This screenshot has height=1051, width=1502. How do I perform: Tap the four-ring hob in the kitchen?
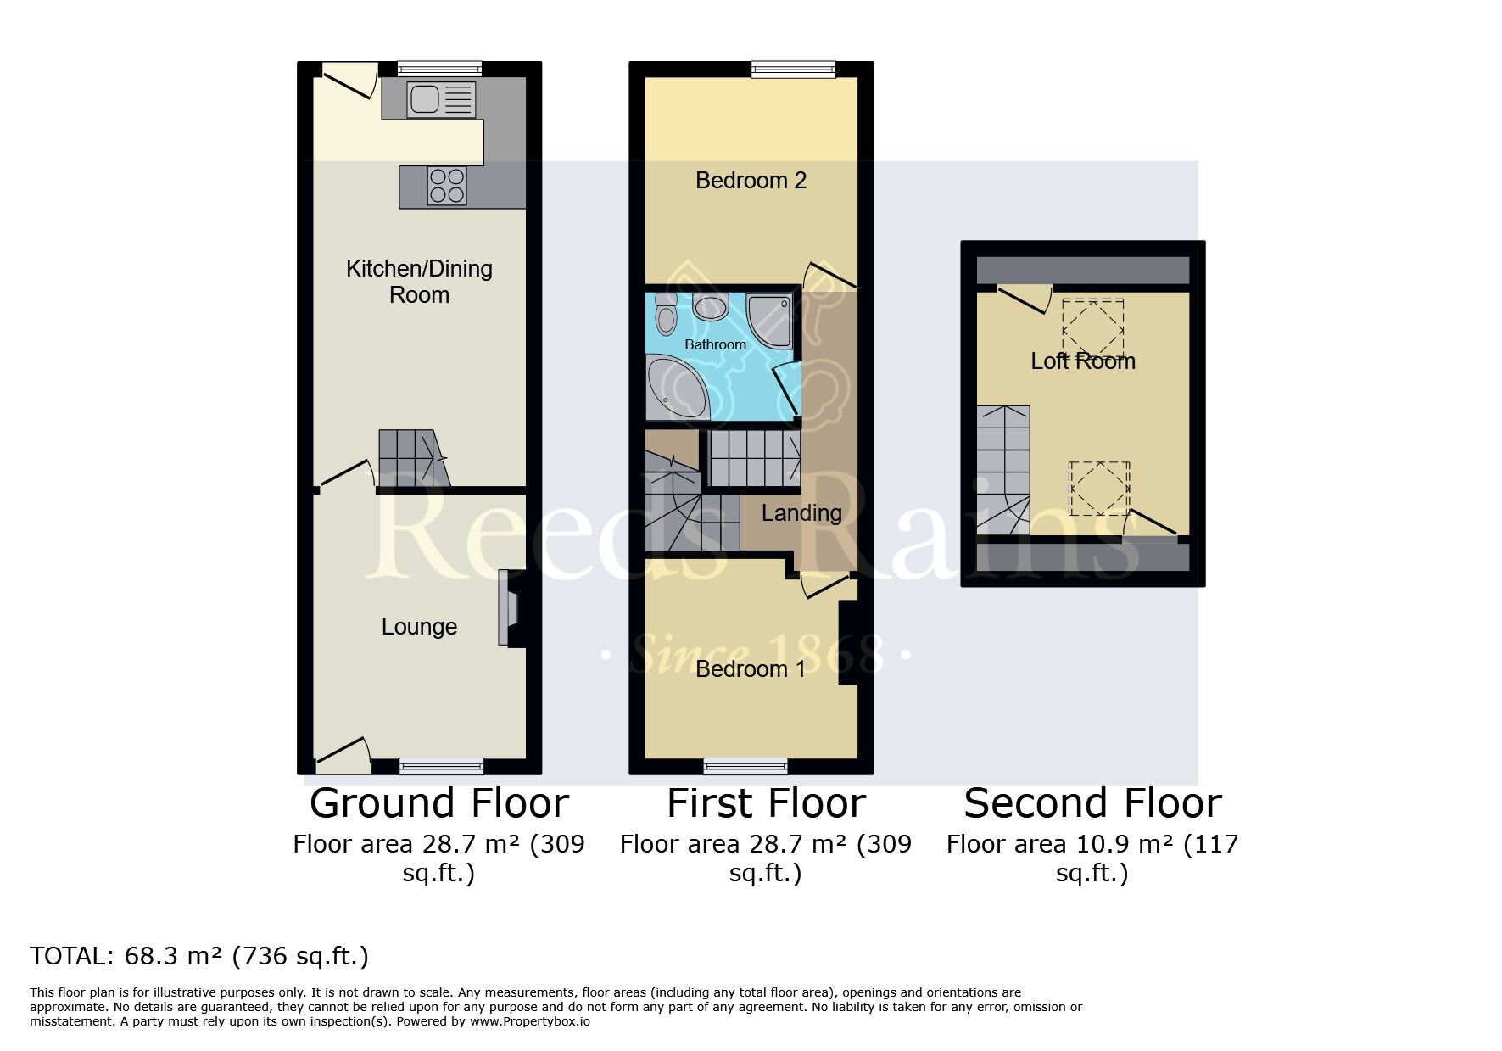click(x=447, y=186)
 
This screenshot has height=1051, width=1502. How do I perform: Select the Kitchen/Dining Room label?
click(x=419, y=282)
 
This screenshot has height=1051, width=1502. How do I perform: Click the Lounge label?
click(x=419, y=627)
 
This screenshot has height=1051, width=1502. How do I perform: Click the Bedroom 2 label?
click(x=751, y=181)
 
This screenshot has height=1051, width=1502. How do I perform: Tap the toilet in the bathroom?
click(x=666, y=314)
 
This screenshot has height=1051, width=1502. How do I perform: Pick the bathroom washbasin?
click(x=711, y=306)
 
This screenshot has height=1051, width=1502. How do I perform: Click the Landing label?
click(x=801, y=513)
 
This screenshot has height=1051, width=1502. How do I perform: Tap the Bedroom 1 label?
click(x=751, y=669)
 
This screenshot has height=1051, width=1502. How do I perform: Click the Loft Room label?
click(x=1083, y=361)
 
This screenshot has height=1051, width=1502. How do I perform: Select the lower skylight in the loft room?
click(x=1099, y=489)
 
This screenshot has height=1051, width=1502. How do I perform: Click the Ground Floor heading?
click(x=438, y=803)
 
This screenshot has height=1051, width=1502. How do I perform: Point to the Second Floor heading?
click(x=1092, y=803)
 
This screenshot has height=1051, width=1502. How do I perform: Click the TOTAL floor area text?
click(x=199, y=957)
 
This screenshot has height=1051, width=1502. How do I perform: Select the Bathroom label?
click(x=716, y=344)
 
